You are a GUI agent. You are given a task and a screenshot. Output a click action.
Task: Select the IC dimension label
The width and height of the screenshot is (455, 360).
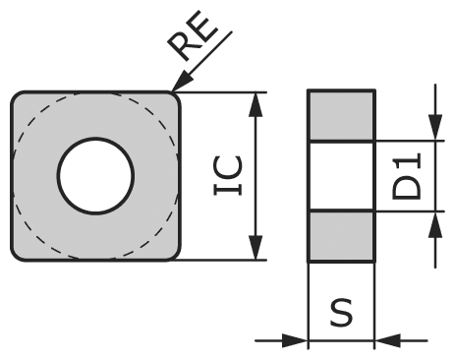[229, 176]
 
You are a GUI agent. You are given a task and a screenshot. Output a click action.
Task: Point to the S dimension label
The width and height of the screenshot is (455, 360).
[341, 314]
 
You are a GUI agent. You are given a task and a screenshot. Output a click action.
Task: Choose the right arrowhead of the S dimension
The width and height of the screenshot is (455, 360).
[387, 340]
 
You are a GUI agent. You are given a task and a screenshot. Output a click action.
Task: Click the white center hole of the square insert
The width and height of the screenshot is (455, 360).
[95, 176]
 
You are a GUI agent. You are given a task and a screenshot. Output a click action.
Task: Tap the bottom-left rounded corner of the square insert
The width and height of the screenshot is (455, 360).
[18, 254]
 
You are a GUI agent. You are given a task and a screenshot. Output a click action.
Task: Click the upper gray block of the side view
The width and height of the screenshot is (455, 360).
[341, 116]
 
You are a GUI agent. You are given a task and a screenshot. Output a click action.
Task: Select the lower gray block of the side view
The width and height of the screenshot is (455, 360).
[341, 236]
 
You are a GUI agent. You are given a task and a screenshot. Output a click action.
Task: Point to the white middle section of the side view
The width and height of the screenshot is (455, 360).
[341, 176]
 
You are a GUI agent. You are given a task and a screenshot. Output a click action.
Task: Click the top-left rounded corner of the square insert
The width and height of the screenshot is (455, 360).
[18, 98]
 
